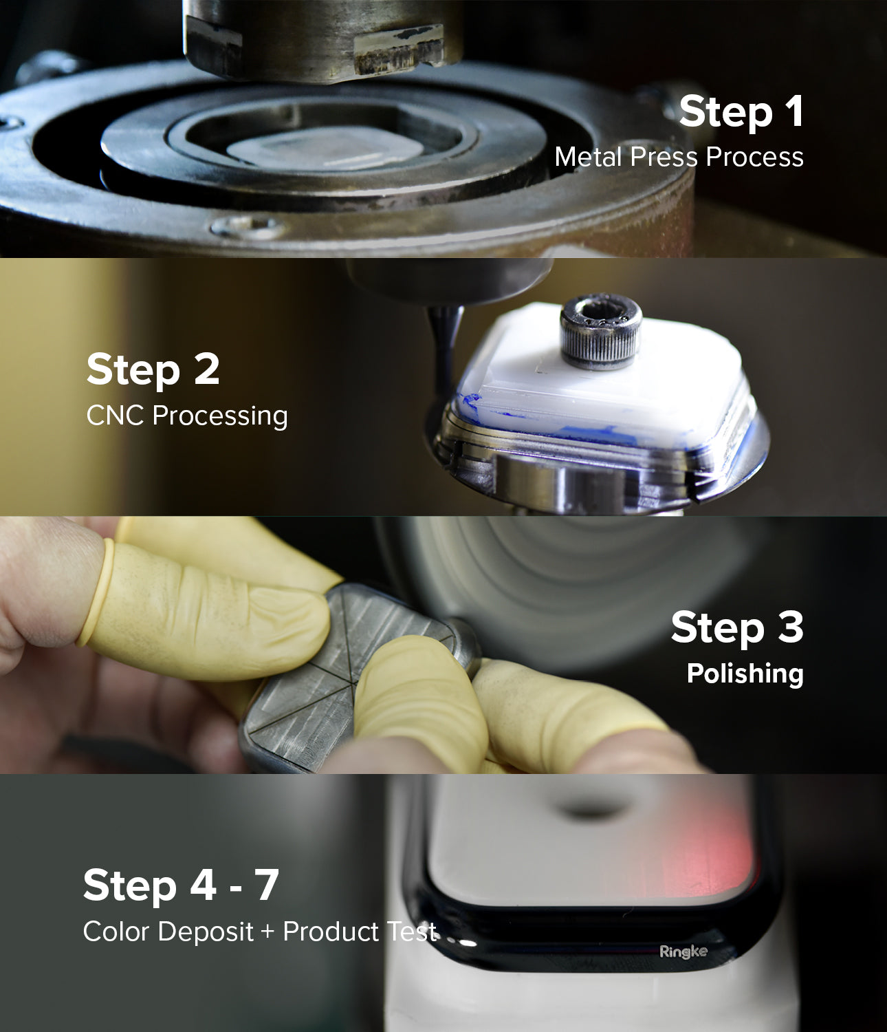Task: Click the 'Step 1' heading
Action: pos(741,111)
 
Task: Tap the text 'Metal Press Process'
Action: pos(679,157)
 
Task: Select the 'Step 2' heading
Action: pos(153,369)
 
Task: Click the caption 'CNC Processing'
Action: pos(187,416)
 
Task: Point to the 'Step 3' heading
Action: pos(736,627)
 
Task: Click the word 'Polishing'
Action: pos(745,673)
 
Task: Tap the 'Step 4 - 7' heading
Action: pos(180,885)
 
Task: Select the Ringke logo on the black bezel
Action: pos(683,952)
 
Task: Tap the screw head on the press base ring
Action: pos(248,226)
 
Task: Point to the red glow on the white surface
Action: pos(729,853)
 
